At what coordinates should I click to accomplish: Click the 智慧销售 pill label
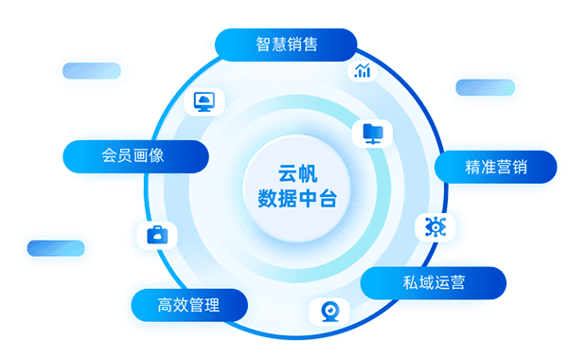click(286, 45)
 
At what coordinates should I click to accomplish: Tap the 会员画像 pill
click(133, 155)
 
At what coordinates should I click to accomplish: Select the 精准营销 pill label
click(496, 168)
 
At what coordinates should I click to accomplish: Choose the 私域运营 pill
click(434, 281)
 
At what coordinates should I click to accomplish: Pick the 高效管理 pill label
click(189, 305)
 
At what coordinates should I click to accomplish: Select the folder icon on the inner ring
click(372, 133)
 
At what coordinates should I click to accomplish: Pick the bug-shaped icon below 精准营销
click(436, 226)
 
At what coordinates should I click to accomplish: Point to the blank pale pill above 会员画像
click(91, 71)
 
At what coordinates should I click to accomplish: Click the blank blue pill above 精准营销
click(485, 87)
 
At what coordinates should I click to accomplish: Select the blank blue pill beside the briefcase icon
click(56, 247)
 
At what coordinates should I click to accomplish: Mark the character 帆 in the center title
click(308, 174)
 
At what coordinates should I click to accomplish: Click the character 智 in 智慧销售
click(263, 45)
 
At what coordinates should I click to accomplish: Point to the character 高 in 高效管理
click(167, 305)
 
